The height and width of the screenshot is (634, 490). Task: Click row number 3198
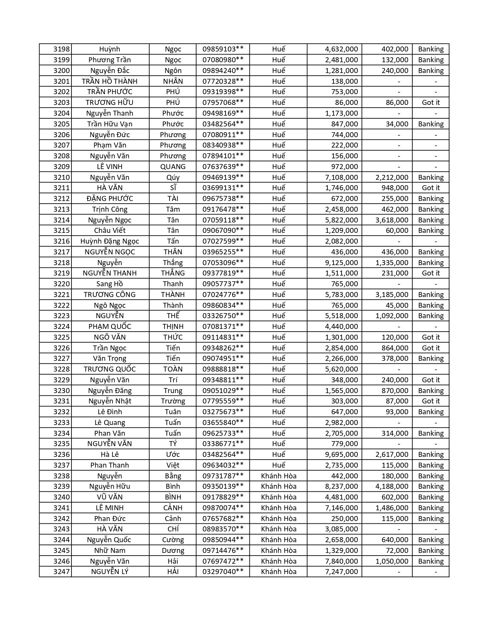coord(61,49)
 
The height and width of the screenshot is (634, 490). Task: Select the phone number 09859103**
coord(223,49)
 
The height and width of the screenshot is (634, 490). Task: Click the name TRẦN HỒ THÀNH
coord(110,81)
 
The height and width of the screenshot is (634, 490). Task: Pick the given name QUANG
coord(173,166)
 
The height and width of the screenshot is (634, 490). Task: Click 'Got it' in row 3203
coord(430,102)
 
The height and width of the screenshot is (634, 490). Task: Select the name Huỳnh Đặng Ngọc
coord(110,241)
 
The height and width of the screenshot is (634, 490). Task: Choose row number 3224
coord(61,326)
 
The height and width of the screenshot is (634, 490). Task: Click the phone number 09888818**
coord(223,369)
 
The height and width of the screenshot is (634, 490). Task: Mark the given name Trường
coord(173,401)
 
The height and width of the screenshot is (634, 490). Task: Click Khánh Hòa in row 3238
coord(279,476)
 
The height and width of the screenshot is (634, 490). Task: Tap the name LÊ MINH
coord(110,508)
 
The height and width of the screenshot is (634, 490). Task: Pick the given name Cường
coord(173,539)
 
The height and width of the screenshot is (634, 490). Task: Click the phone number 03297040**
coord(223,571)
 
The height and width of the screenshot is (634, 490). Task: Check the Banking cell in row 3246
coord(430,561)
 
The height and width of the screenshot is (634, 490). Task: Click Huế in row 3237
coord(279,465)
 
